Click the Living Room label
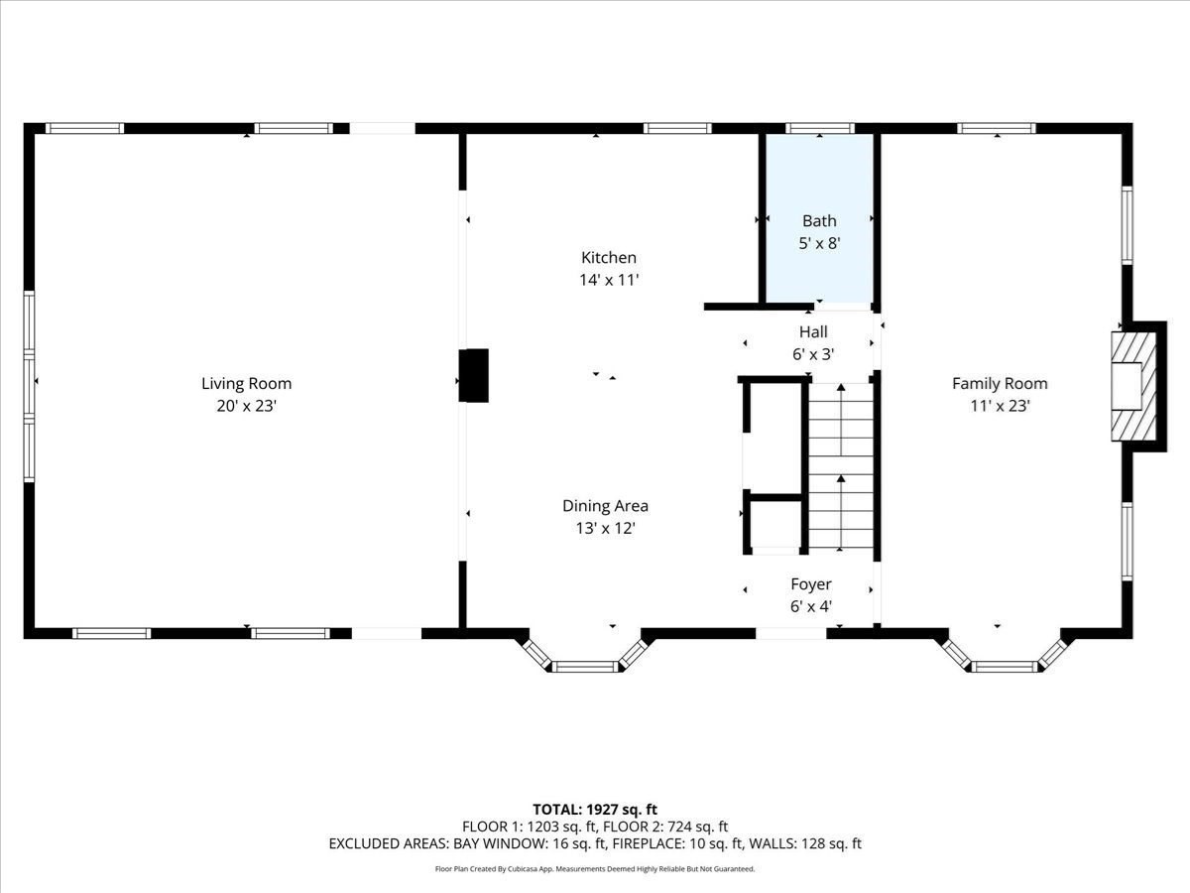click(x=246, y=384)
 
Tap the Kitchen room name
click(x=609, y=258)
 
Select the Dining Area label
click(x=605, y=506)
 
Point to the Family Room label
click(x=1000, y=384)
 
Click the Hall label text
click(x=813, y=332)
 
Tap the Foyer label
click(x=810, y=584)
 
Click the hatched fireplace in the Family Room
click(x=1133, y=386)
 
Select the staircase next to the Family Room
click(x=841, y=466)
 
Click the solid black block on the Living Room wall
click(x=475, y=375)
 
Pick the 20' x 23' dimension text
click(x=246, y=405)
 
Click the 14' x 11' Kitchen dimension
click(x=609, y=280)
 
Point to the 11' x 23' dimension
click(x=1000, y=405)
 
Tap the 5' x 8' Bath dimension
click(x=819, y=242)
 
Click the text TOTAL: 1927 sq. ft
click(x=595, y=810)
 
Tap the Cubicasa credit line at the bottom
click(x=595, y=869)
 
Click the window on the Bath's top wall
click(x=819, y=128)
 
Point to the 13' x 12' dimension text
click(x=605, y=529)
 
